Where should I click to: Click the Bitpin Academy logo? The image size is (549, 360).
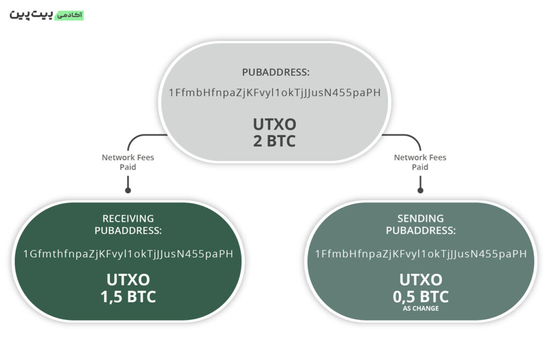(x=47, y=15)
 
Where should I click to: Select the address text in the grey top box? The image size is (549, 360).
(x=274, y=93)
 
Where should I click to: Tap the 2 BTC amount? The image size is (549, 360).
(x=274, y=142)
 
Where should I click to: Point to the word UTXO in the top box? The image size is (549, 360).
(x=274, y=125)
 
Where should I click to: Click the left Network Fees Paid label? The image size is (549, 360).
(x=128, y=162)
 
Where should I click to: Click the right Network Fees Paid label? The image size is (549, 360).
(x=420, y=162)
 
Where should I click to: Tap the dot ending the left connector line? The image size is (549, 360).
(x=128, y=190)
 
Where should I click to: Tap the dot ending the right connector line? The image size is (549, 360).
(x=420, y=190)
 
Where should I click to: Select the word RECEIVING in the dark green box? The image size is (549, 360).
(x=128, y=219)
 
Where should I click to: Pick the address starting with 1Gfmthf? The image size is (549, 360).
(x=128, y=254)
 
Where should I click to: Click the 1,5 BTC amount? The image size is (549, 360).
(x=128, y=297)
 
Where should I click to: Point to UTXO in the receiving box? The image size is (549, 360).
(x=128, y=280)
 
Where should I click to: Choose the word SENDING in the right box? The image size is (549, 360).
(x=421, y=219)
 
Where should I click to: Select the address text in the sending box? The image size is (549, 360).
(x=421, y=254)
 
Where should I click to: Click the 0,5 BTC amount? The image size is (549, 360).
(x=421, y=296)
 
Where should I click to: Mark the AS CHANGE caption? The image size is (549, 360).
(x=421, y=309)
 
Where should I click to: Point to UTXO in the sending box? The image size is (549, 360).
(x=421, y=280)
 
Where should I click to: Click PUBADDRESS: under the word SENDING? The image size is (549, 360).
(x=421, y=231)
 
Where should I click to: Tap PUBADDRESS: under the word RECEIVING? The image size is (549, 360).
(x=128, y=231)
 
